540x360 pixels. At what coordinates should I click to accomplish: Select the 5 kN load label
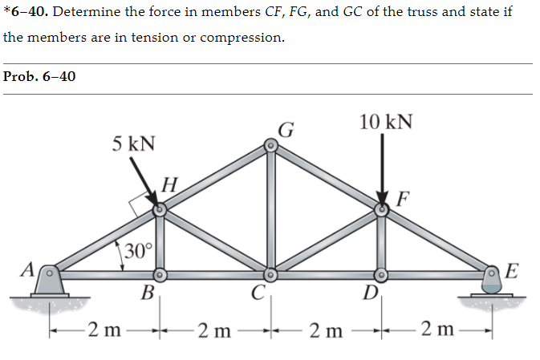(x=133, y=144)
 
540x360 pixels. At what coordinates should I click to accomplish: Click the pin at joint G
(x=271, y=146)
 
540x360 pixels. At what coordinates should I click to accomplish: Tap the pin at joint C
(x=271, y=274)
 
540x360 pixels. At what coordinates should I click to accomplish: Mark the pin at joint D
(x=383, y=274)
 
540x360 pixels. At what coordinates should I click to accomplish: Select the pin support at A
(x=49, y=277)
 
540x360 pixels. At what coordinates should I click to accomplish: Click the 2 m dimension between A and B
(x=105, y=330)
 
